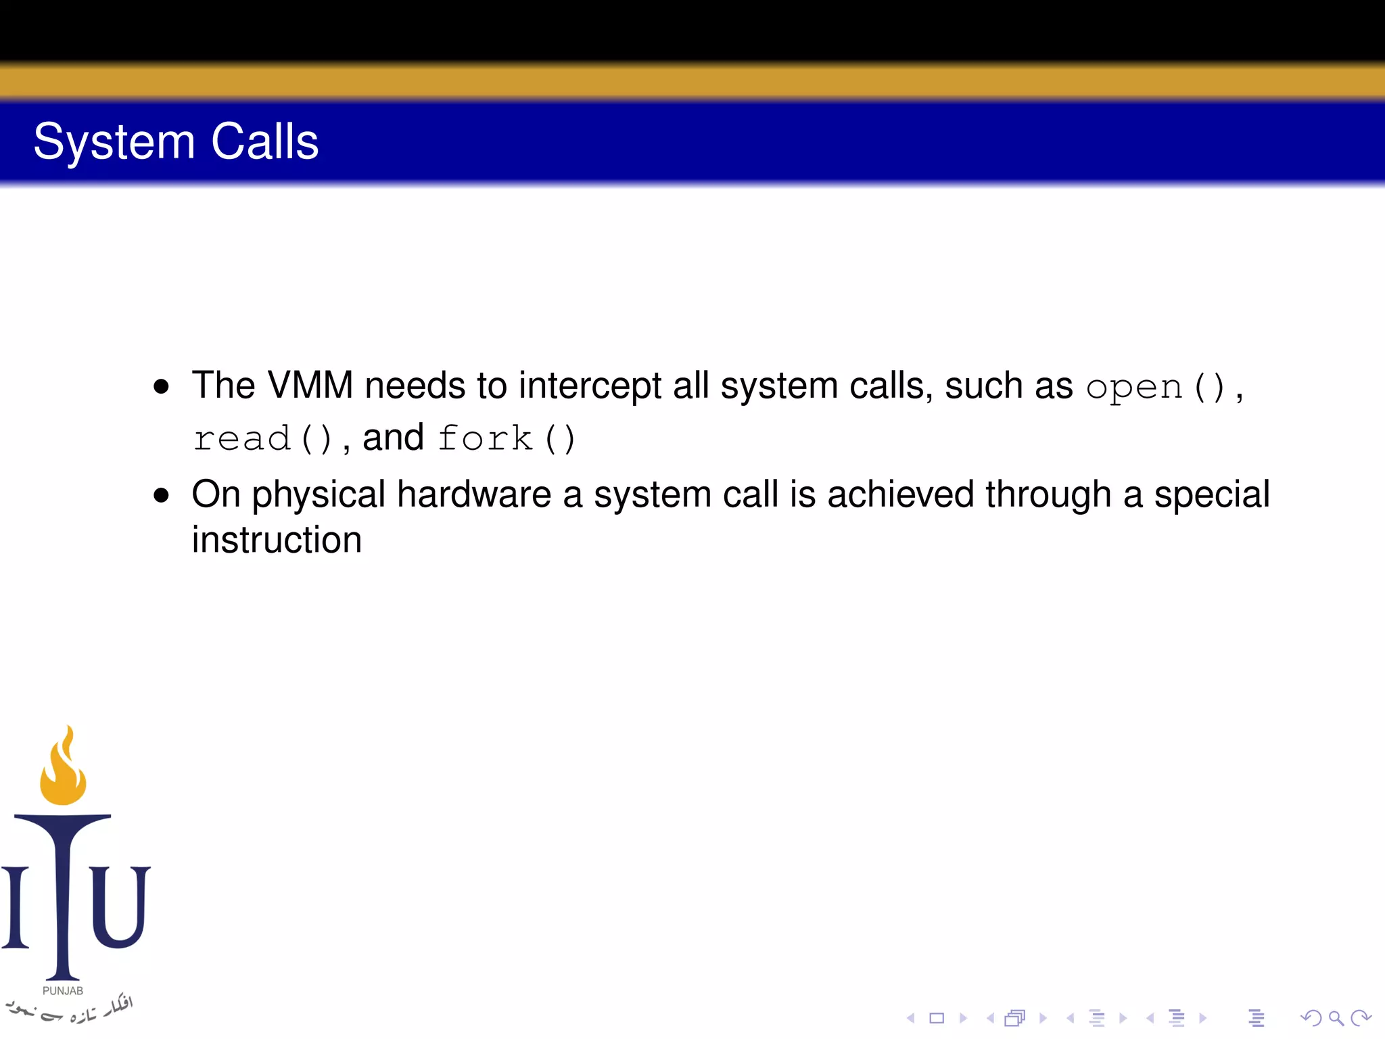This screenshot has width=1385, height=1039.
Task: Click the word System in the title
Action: point(114,142)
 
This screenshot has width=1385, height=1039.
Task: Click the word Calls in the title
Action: point(264,142)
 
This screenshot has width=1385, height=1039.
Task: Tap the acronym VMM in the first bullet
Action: point(310,386)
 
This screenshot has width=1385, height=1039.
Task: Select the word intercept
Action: point(590,386)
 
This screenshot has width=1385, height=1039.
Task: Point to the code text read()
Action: point(262,439)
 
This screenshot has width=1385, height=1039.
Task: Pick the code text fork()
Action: point(506,439)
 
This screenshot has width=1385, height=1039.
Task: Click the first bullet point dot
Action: point(161,387)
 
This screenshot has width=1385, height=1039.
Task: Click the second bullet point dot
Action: point(161,496)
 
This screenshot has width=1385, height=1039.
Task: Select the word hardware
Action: point(474,494)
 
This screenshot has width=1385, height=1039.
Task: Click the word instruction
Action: point(277,540)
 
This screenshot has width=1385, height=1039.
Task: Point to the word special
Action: point(1211,494)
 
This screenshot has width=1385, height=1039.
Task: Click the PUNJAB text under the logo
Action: point(63,991)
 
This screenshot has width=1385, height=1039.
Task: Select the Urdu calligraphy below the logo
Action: point(71,1010)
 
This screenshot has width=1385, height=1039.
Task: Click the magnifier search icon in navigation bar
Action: point(1336,1018)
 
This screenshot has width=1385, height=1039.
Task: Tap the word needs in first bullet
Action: point(415,386)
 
